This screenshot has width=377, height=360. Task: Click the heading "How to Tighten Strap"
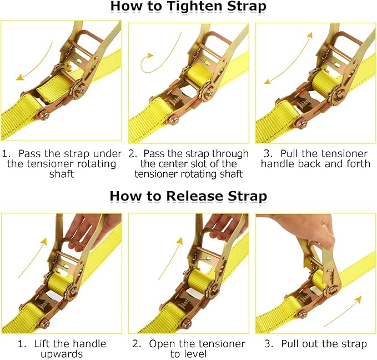point(188,7)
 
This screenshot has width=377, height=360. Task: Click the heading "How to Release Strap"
point(188,196)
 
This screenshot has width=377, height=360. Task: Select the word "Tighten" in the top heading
point(183,7)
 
